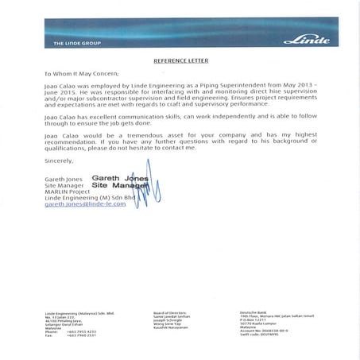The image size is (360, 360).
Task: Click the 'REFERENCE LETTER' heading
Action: point(180,60)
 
